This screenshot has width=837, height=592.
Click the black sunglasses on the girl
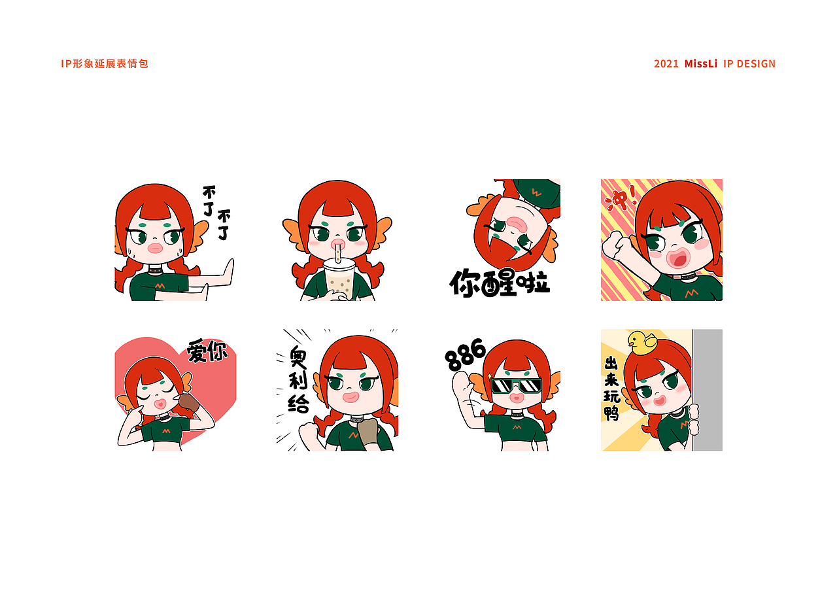click(x=517, y=385)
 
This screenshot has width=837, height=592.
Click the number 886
click(x=465, y=355)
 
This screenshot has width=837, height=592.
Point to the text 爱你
click(x=207, y=351)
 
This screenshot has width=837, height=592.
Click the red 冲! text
click(x=620, y=198)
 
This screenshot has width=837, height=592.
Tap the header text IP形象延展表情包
click(x=105, y=63)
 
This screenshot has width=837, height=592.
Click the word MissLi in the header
click(x=701, y=63)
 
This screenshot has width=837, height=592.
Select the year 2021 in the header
click(x=666, y=63)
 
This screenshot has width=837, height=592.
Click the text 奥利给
click(x=298, y=379)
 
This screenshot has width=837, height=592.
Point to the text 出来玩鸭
click(x=612, y=389)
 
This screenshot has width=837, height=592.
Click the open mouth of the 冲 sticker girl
click(x=677, y=259)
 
